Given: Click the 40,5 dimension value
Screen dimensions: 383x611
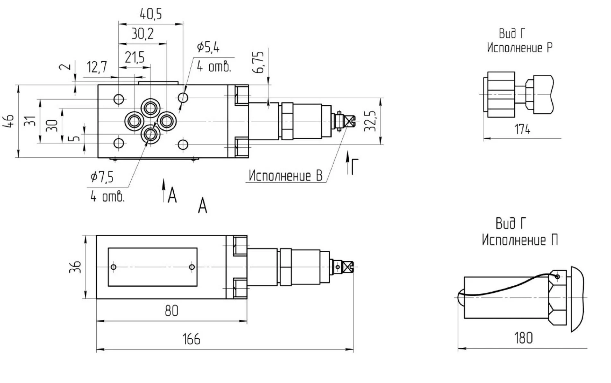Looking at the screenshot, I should [x=151, y=14].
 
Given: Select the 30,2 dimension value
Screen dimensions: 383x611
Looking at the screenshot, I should [x=143, y=34].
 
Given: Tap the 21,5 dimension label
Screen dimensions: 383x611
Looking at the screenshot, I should [x=135, y=58].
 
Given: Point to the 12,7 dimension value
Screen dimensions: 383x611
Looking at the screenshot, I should [x=97, y=67].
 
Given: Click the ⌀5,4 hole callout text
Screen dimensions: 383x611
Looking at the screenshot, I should [x=208, y=48].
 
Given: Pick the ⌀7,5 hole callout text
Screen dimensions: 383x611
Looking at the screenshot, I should [x=102, y=177].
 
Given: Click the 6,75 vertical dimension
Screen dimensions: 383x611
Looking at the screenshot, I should [x=259, y=62].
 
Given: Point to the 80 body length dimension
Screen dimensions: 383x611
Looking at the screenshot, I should [x=171, y=311].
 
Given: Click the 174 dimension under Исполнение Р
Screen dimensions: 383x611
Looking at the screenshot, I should [x=522, y=129].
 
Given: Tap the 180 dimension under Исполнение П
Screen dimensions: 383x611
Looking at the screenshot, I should [x=523, y=338].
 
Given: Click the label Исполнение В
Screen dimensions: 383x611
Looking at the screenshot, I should [x=285, y=176].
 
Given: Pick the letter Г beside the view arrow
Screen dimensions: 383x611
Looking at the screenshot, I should [x=354, y=167].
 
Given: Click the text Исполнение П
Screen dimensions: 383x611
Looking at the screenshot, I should [x=519, y=240].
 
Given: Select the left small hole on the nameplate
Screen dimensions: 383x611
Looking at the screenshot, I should [x=113, y=267].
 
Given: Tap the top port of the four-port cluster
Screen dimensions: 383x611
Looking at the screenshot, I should [x=151, y=107].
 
